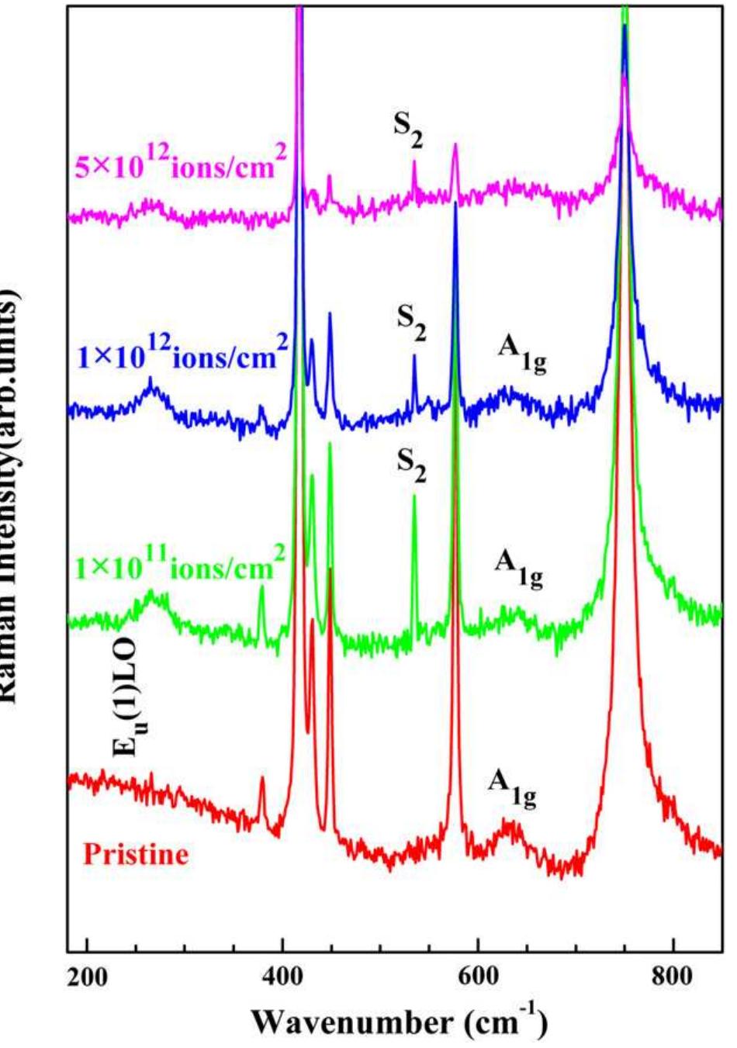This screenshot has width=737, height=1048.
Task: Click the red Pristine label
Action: [x=136, y=854]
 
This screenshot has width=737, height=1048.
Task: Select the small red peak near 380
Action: [x=262, y=779]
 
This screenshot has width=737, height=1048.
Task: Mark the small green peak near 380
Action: [x=261, y=588]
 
